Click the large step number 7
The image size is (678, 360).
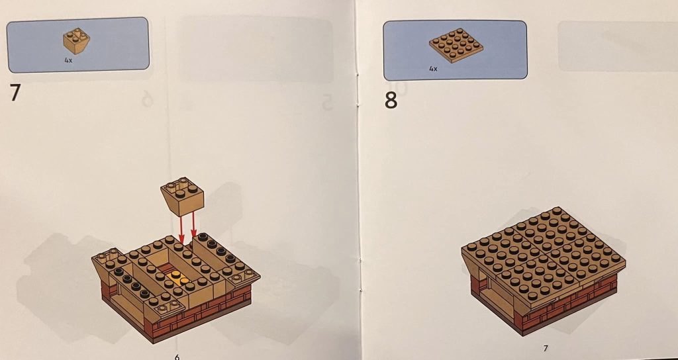[15, 93]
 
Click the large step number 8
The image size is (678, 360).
[391, 101]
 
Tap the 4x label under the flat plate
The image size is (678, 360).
[433, 68]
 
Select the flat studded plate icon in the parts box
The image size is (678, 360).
[456, 46]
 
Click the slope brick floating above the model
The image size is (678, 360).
[183, 197]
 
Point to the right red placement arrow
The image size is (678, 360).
[194, 225]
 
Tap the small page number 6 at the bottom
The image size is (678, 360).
[177, 357]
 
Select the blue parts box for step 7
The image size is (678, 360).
[78, 44]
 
